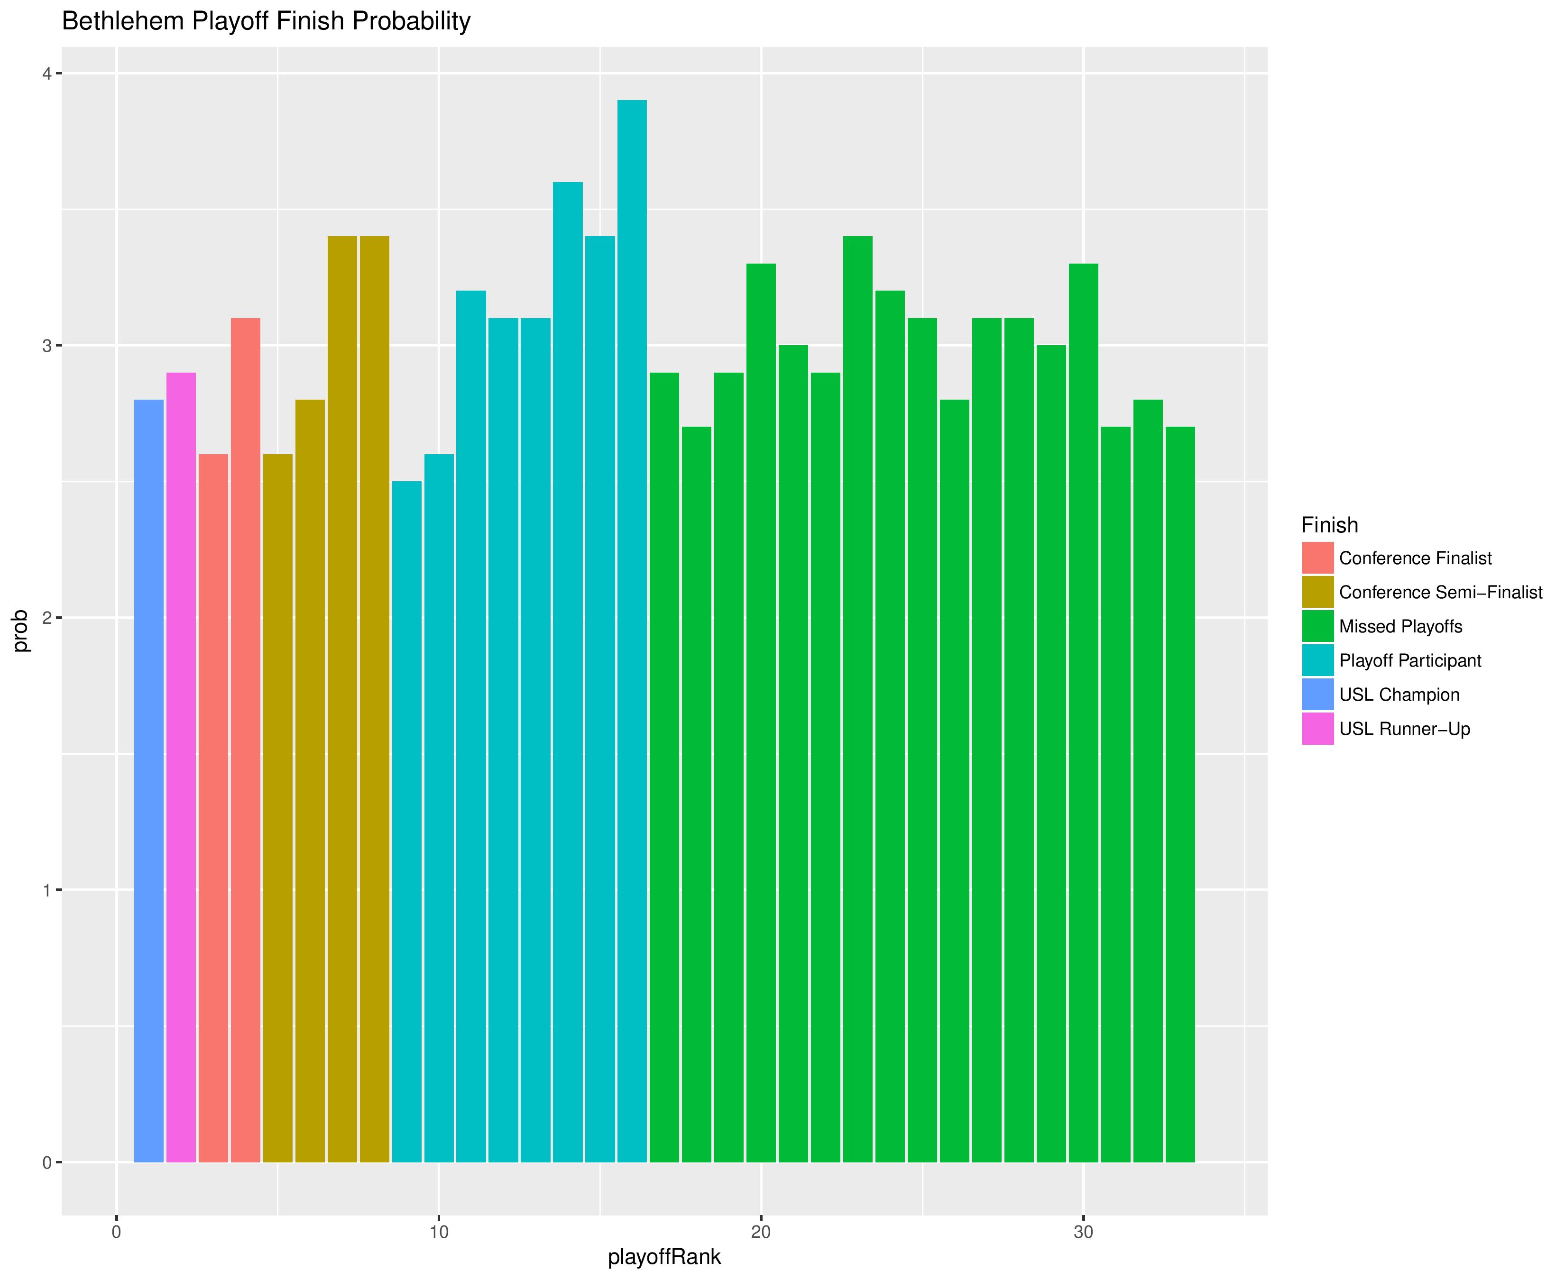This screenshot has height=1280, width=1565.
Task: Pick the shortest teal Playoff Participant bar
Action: (x=407, y=822)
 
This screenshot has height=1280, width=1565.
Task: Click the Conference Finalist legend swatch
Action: (x=1318, y=558)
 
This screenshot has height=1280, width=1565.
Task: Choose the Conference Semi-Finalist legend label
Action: (x=1440, y=593)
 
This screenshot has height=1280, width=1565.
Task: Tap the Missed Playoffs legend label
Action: (x=1400, y=627)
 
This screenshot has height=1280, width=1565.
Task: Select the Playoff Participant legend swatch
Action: (x=1318, y=661)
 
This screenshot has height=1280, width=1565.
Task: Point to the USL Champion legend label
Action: (x=1399, y=695)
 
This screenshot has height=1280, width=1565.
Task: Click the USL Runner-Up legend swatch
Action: (x=1318, y=729)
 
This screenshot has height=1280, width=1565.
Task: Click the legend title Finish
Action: (x=1329, y=525)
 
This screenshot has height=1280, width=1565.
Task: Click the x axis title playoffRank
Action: (x=664, y=1257)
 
